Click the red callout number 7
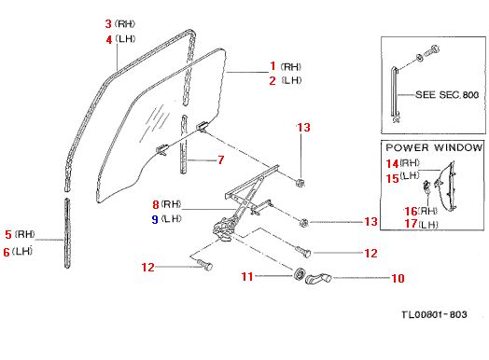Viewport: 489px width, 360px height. tap(221, 159)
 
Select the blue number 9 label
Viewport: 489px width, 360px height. tap(155, 219)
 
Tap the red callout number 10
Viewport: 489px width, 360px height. tap(398, 278)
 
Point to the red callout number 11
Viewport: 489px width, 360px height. tap(247, 276)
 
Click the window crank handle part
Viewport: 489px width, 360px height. tap(317, 277)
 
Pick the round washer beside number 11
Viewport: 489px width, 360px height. tap(300, 273)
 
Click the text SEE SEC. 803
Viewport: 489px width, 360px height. tap(447, 94)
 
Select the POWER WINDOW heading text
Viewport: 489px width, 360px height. tap(434, 147)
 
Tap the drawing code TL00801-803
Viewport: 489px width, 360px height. tap(434, 314)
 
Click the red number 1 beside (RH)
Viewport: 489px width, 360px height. tap(272, 66)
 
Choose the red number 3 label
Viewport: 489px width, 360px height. tap(108, 23)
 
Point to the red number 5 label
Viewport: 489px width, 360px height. tap(8, 234)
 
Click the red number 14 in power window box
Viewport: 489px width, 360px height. tap(392, 163)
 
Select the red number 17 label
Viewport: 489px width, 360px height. tap(411, 224)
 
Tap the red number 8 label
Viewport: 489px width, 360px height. tap(156, 204)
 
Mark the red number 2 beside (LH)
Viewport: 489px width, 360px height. tap(272, 81)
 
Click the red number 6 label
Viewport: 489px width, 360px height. tap(7, 252)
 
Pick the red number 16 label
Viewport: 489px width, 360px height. tap(411, 212)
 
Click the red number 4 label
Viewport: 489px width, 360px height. tap(109, 40)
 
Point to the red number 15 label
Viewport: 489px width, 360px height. tap(392, 178)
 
